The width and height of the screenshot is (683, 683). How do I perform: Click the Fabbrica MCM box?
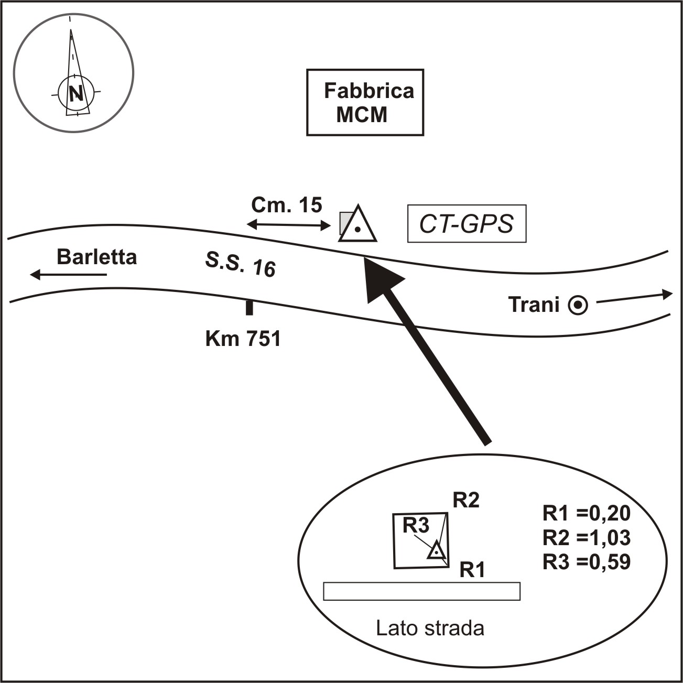coord(365,102)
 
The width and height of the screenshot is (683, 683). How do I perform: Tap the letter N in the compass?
coord(77,93)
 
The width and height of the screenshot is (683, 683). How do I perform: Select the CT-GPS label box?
coord(467,224)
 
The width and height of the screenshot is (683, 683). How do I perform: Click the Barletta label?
coord(96,257)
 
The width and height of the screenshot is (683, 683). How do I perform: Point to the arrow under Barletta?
coord(68,274)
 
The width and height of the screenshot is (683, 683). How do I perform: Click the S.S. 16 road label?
coord(240,264)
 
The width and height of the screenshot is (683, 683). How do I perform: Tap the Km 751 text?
coord(243,339)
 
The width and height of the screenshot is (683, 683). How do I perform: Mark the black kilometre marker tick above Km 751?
coord(250,307)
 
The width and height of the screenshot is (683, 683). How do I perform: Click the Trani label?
coord(534,305)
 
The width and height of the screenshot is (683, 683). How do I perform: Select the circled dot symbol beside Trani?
coord(579,305)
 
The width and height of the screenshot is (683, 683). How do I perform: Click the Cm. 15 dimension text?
coord(287,205)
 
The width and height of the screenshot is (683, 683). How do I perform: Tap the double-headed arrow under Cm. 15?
coord(289,225)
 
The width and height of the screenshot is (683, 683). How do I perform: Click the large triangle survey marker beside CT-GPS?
coord(357,225)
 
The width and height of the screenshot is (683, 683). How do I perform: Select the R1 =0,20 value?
coord(586,514)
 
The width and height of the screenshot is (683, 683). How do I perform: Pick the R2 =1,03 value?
coord(586,538)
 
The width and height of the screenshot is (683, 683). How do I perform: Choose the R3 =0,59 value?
coord(586,561)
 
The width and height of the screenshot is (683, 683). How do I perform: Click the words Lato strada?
coord(430,627)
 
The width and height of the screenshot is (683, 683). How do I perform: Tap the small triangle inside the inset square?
coord(436,551)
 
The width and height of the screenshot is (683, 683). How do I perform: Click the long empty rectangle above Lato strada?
coord(421,591)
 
